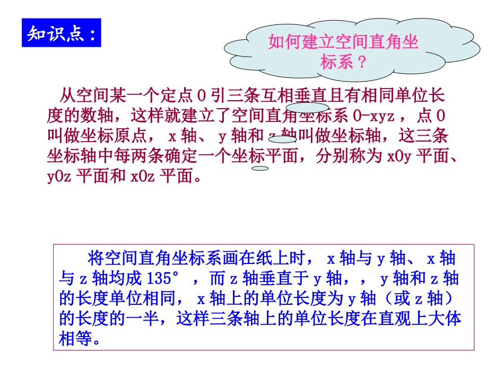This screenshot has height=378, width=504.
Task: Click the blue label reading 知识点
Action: (61, 33)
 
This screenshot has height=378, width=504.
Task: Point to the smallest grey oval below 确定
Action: (260, 169)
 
